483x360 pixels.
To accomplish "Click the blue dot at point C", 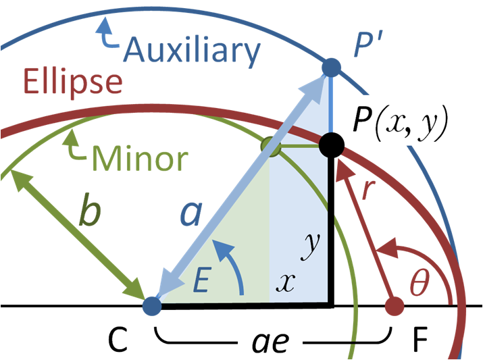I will pos(153,306).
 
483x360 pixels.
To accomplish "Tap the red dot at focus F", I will pos(393,306).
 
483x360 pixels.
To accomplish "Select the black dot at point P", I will pos(332,144).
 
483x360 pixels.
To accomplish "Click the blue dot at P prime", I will pos(331,67).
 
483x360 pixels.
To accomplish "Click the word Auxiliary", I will pos(193,50).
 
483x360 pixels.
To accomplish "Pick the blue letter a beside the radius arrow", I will pos(190,213).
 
